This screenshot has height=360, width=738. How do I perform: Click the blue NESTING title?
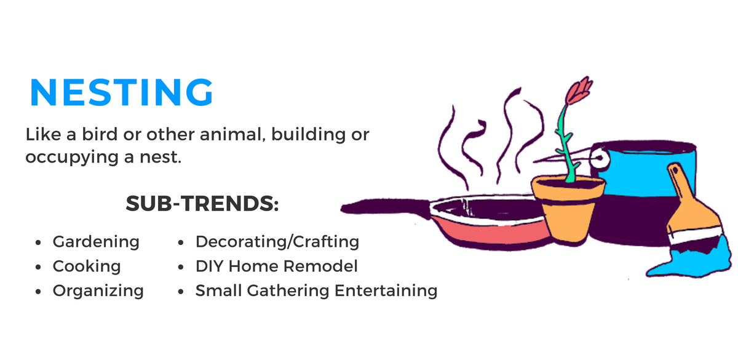point(121,93)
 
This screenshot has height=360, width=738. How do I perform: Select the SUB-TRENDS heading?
point(202,204)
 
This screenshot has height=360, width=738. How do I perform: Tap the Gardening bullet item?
point(96,241)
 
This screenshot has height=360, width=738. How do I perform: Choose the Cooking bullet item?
point(87,266)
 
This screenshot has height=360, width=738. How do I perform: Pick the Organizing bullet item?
point(98,290)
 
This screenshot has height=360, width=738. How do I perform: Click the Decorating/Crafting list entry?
point(277,241)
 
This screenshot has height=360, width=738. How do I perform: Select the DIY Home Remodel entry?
point(276,266)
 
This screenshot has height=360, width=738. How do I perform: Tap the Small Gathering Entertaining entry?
point(316,290)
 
